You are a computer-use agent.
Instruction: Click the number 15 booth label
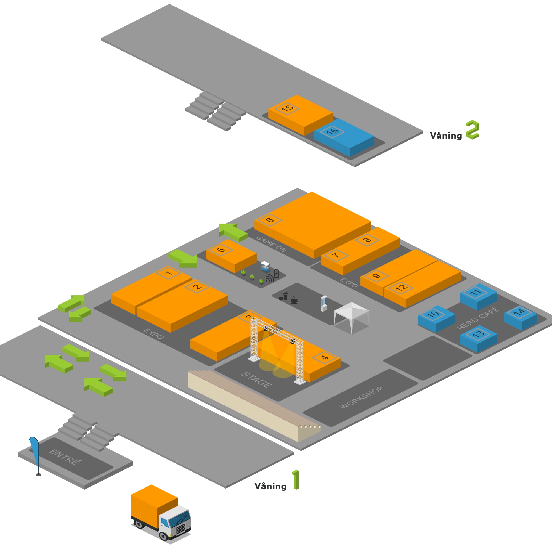287,108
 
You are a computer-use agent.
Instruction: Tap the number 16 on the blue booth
332,132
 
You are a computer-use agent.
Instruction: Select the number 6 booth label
270,220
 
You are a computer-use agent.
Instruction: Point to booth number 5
221,250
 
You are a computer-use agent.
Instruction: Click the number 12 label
401,287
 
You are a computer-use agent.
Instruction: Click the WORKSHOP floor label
360,397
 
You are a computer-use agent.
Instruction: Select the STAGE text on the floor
256,380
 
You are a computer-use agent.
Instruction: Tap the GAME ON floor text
271,244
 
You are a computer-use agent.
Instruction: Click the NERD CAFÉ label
478,318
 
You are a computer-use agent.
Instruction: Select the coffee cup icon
294,300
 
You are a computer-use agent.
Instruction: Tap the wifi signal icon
269,278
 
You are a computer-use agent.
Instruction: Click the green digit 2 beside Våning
472,130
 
